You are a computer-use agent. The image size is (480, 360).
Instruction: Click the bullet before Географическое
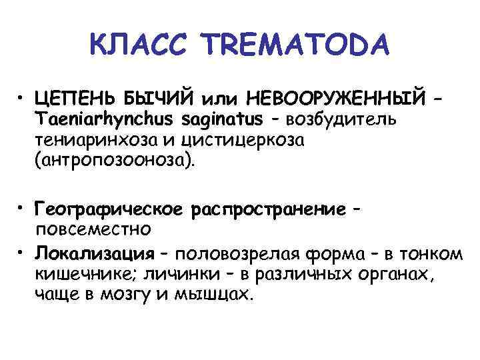[x=23, y=209]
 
